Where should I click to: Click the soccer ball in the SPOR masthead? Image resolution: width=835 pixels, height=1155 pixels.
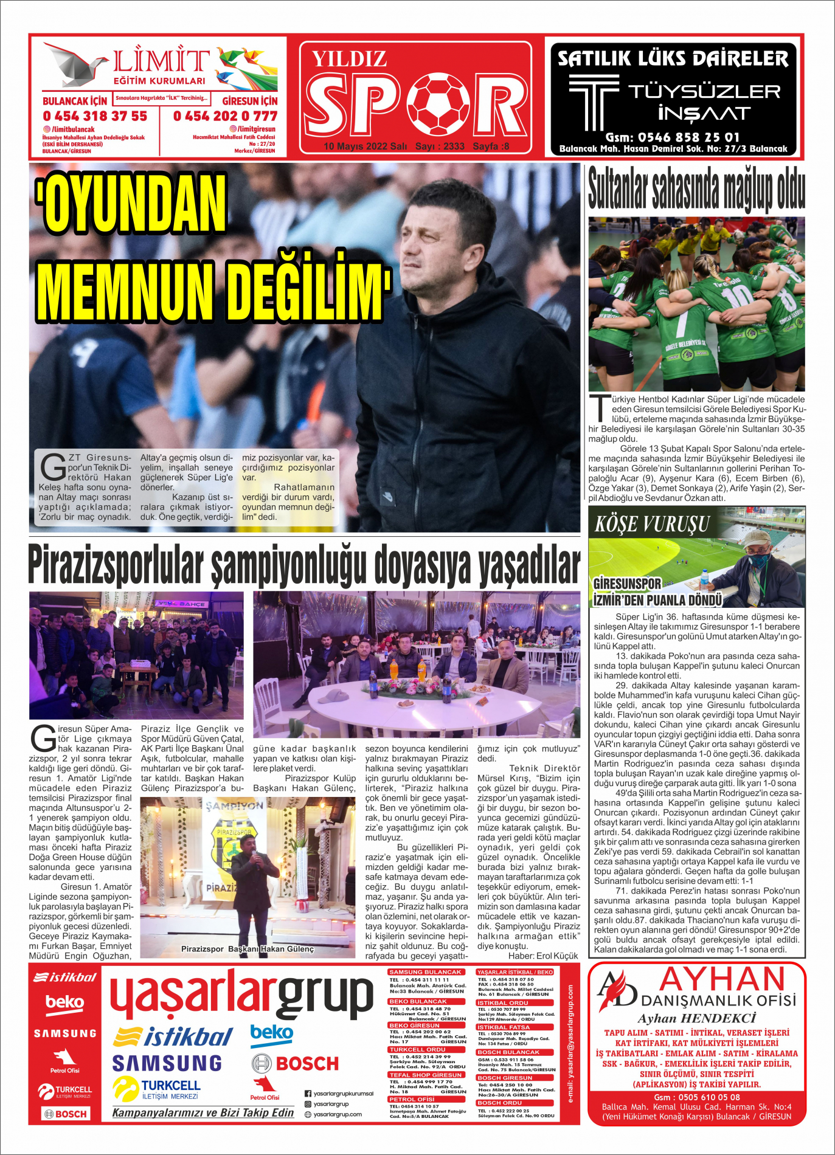438,104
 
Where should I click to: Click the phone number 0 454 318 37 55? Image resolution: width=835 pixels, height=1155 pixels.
95,116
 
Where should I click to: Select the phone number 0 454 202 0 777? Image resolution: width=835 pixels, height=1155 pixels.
225,116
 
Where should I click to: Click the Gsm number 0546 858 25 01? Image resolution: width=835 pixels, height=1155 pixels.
673,137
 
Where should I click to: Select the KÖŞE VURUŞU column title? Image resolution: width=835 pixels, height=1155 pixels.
652,524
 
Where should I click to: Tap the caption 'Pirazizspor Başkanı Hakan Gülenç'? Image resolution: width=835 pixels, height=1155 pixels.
248,949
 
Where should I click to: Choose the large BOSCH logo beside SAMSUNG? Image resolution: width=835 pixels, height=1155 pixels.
296,1063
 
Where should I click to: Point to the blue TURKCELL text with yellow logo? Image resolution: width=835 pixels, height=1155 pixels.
170,1085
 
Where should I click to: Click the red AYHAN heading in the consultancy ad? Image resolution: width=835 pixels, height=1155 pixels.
722,980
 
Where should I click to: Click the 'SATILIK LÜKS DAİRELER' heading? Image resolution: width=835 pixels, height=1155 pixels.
673,59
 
